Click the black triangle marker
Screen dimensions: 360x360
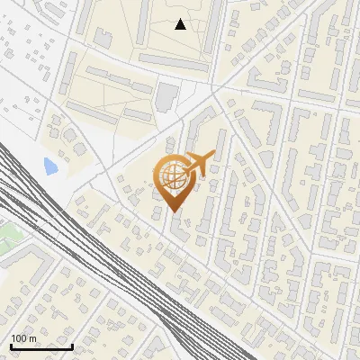tap(180, 24)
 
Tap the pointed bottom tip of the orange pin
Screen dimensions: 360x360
tap(174, 211)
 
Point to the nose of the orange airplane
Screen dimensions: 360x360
tap(213, 154)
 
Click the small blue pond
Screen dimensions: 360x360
tap(49, 166)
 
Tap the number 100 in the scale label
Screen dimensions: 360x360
tap(19, 338)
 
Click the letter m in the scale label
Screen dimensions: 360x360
tap(32, 338)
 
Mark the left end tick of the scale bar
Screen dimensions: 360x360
tap(10, 346)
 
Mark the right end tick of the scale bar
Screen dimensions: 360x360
tap(72, 346)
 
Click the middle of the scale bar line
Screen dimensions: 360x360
tap(40, 347)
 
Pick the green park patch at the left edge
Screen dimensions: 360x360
tap(7, 236)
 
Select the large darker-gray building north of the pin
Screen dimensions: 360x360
tap(167, 94)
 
